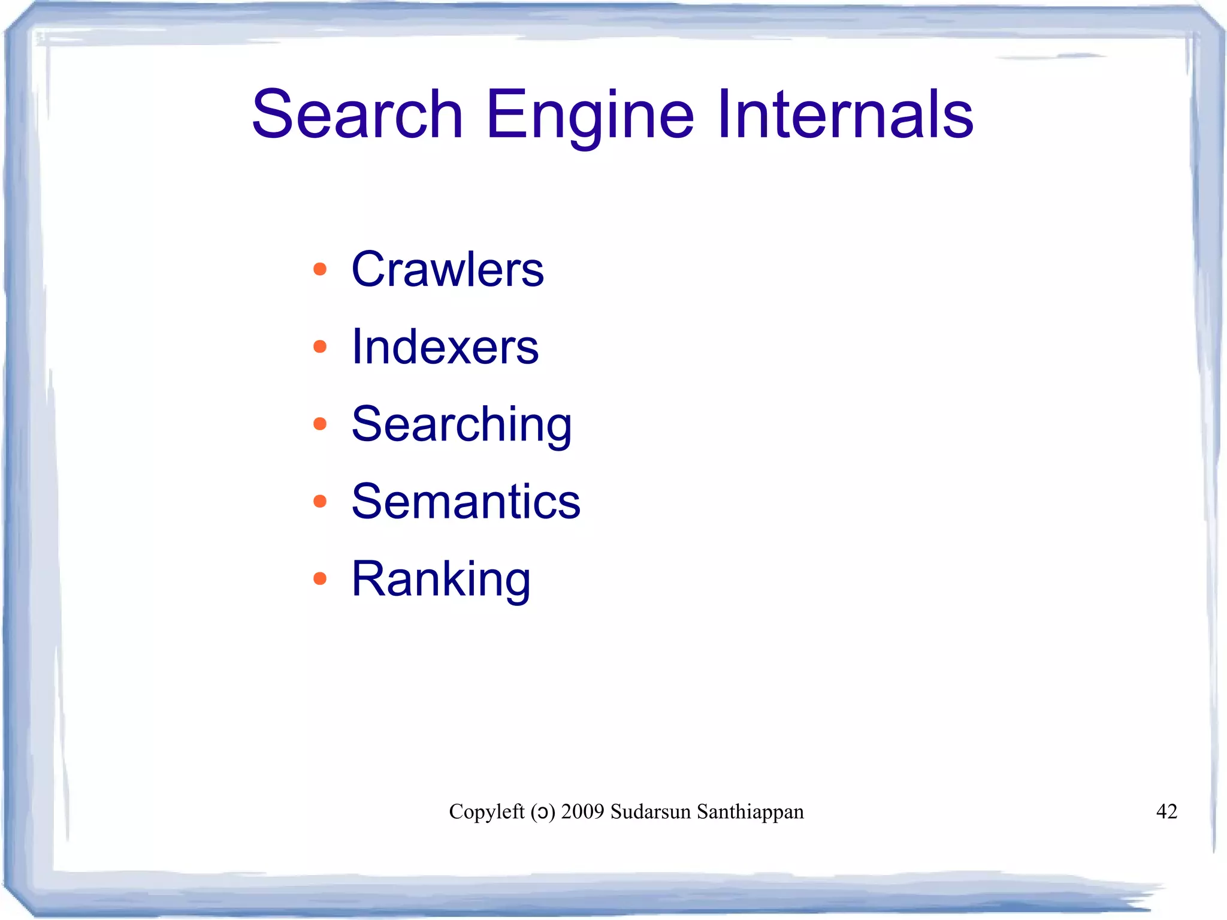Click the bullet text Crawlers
448,269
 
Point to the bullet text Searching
461,424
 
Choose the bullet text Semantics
466,501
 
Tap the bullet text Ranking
441,579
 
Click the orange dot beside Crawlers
320,269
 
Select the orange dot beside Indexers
320,346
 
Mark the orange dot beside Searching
320,424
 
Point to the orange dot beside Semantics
320,501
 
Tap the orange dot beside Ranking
320,578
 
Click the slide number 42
1166,812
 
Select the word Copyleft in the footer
486,812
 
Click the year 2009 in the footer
582,812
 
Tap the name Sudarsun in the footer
651,812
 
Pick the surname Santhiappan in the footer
750,812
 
